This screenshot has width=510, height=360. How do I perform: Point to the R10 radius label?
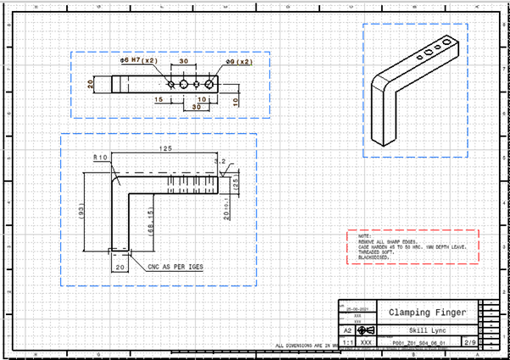(100, 158)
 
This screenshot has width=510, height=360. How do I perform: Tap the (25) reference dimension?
(236, 182)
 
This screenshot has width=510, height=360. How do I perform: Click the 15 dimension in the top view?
(158, 100)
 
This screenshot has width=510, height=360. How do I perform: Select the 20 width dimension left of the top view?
(91, 83)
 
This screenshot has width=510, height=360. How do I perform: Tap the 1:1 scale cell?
(347, 344)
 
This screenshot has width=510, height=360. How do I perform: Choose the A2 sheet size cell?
(347, 330)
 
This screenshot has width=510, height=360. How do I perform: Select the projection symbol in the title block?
(367, 330)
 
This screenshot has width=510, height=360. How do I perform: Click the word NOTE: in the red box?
(365, 236)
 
